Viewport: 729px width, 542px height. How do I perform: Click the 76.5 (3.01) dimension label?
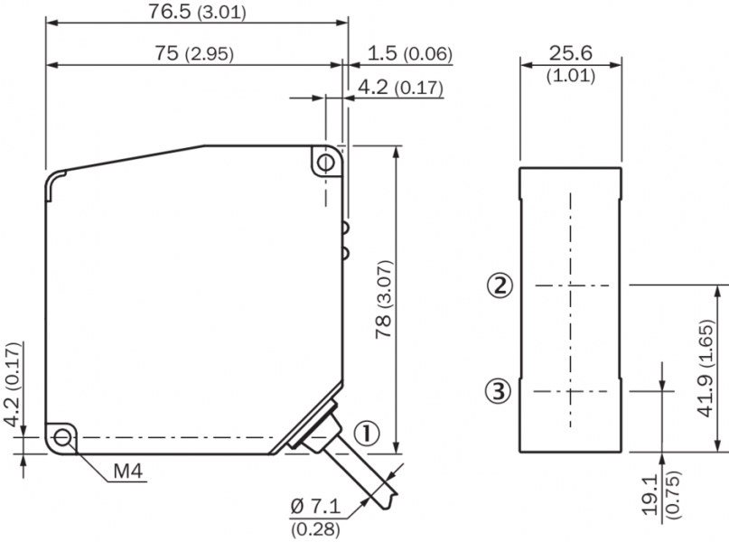197,12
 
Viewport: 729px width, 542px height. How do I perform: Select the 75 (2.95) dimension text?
194,53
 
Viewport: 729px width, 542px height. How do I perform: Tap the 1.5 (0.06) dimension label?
409,53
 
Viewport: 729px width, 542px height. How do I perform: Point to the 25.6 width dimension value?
570,53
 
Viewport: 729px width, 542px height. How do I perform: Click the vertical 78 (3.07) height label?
385,299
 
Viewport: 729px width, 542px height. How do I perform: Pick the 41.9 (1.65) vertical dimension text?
706,369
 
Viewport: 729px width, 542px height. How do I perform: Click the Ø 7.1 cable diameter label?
315,506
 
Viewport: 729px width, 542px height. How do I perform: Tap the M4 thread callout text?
128,472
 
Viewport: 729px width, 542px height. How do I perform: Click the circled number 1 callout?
367,434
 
